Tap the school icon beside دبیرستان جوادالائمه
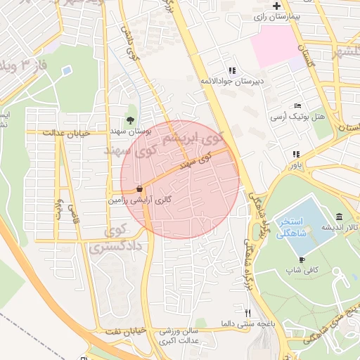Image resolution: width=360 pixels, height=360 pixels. [232, 70]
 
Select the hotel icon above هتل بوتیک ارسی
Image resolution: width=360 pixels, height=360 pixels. [298, 105]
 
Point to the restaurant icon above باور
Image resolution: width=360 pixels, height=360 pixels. [296, 154]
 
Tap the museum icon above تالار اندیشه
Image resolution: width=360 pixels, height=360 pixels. [340, 217]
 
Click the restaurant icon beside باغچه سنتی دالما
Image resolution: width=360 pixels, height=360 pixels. [246, 312]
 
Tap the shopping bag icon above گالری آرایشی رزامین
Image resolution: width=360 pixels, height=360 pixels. [140, 188]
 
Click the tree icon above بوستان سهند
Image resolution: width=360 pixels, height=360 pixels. [129, 120]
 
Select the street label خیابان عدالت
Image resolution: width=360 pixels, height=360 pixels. [67, 132]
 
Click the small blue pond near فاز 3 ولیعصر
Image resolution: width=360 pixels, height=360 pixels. [67, 71]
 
